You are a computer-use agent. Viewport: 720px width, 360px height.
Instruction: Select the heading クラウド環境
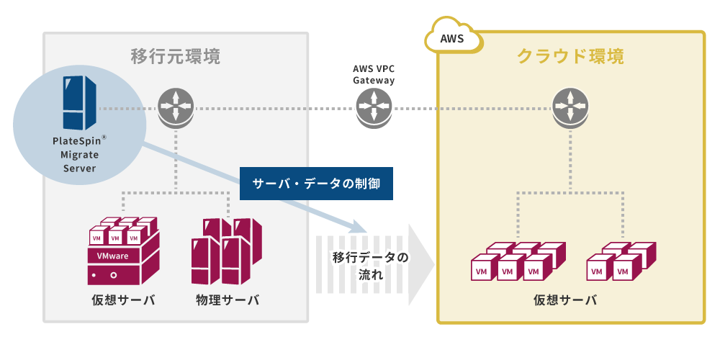tap(570, 55)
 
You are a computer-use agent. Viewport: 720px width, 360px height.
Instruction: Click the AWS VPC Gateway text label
tap(373, 74)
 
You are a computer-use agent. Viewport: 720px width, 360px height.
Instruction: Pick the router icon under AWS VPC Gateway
tap(373, 109)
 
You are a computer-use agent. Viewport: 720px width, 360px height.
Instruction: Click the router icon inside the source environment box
tap(176, 109)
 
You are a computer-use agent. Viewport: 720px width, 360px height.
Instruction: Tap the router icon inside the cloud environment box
tap(570, 109)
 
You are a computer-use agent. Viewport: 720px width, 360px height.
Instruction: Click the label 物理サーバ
tap(227, 300)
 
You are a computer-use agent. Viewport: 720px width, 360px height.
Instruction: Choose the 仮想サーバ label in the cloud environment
tap(564, 300)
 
